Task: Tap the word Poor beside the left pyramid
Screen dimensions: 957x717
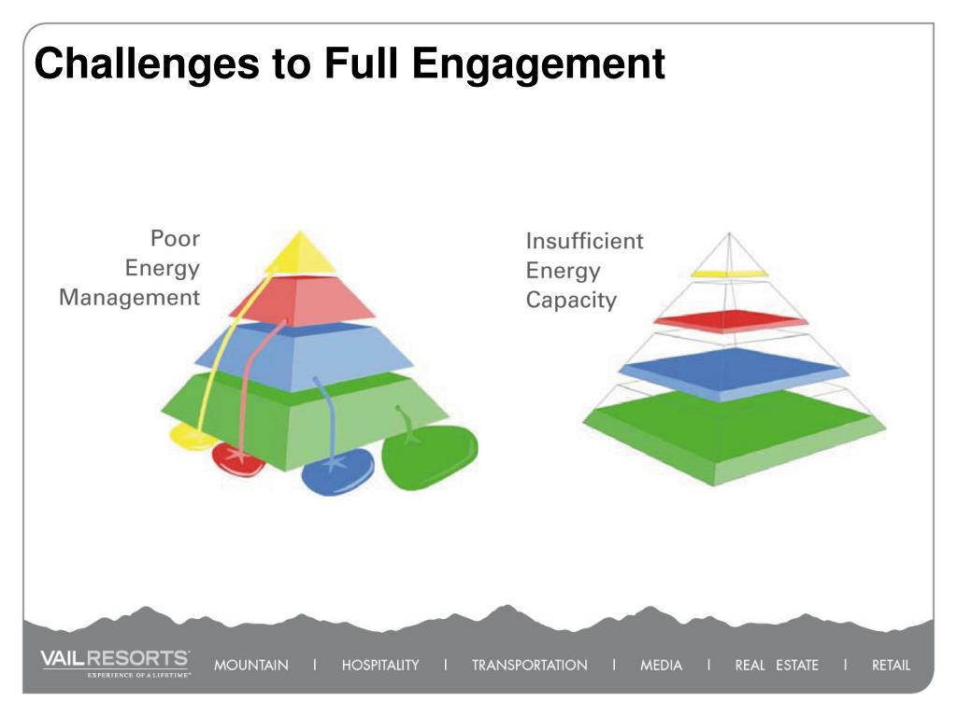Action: click(x=175, y=238)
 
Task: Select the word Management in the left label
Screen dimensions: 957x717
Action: click(x=130, y=298)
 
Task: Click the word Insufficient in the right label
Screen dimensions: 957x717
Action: click(x=584, y=241)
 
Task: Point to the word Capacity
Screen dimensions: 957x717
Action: click(x=571, y=301)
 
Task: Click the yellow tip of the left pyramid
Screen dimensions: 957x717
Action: click(x=299, y=254)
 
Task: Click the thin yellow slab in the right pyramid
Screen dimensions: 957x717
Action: click(x=729, y=274)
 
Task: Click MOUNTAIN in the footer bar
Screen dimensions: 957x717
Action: click(x=250, y=666)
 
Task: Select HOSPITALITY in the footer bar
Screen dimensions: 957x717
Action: click(x=380, y=666)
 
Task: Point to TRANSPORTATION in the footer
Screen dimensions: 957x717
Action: click(x=529, y=666)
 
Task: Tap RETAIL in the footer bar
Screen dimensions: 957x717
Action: click(x=890, y=666)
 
